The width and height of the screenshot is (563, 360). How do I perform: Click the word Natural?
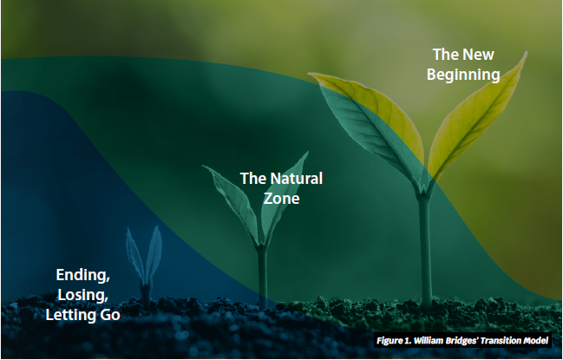tap(297, 179)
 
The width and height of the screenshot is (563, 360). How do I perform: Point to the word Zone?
tap(281, 199)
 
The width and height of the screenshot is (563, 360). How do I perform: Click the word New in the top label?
tap(479, 55)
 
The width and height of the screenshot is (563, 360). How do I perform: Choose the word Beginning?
tap(463, 75)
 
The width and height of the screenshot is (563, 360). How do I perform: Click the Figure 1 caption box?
tap(462, 340)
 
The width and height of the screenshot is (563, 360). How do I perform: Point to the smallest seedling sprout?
tap(145, 266)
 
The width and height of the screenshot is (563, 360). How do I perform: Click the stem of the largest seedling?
tap(425, 252)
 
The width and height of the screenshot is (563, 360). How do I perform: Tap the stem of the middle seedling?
tap(263, 277)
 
